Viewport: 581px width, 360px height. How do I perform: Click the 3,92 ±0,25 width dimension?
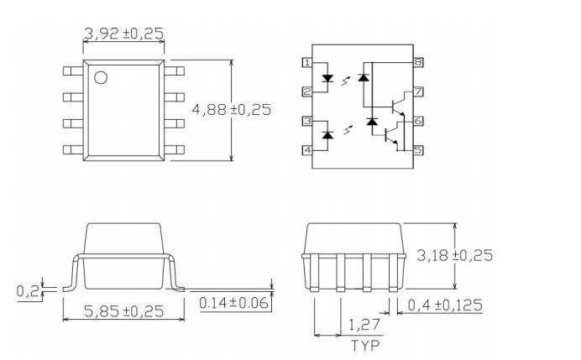click(x=123, y=34)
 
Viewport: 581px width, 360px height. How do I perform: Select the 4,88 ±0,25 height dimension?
click(x=231, y=110)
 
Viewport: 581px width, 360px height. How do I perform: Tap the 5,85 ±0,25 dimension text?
click(x=124, y=310)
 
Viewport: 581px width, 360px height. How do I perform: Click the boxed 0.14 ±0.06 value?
click(x=234, y=302)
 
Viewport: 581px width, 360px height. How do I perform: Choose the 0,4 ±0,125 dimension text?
click(x=445, y=305)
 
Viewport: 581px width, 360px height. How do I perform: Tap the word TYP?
click(x=364, y=344)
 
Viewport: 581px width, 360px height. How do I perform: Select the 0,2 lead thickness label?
click(x=28, y=291)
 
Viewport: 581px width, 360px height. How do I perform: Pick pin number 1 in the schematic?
click(x=307, y=63)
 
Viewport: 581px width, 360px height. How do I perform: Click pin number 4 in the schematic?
click(x=307, y=150)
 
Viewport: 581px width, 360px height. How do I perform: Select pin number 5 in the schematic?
click(x=417, y=150)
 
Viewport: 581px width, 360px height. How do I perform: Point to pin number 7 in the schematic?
click(x=417, y=91)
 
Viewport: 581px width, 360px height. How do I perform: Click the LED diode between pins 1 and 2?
click(x=328, y=79)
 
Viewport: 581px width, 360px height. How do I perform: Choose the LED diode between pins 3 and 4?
click(x=328, y=135)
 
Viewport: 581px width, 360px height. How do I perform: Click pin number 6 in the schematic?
click(x=417, y=121)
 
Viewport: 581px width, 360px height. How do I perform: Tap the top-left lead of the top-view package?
click(x=73, y=73)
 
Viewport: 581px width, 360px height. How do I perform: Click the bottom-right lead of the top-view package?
click(x=175, y=149)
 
